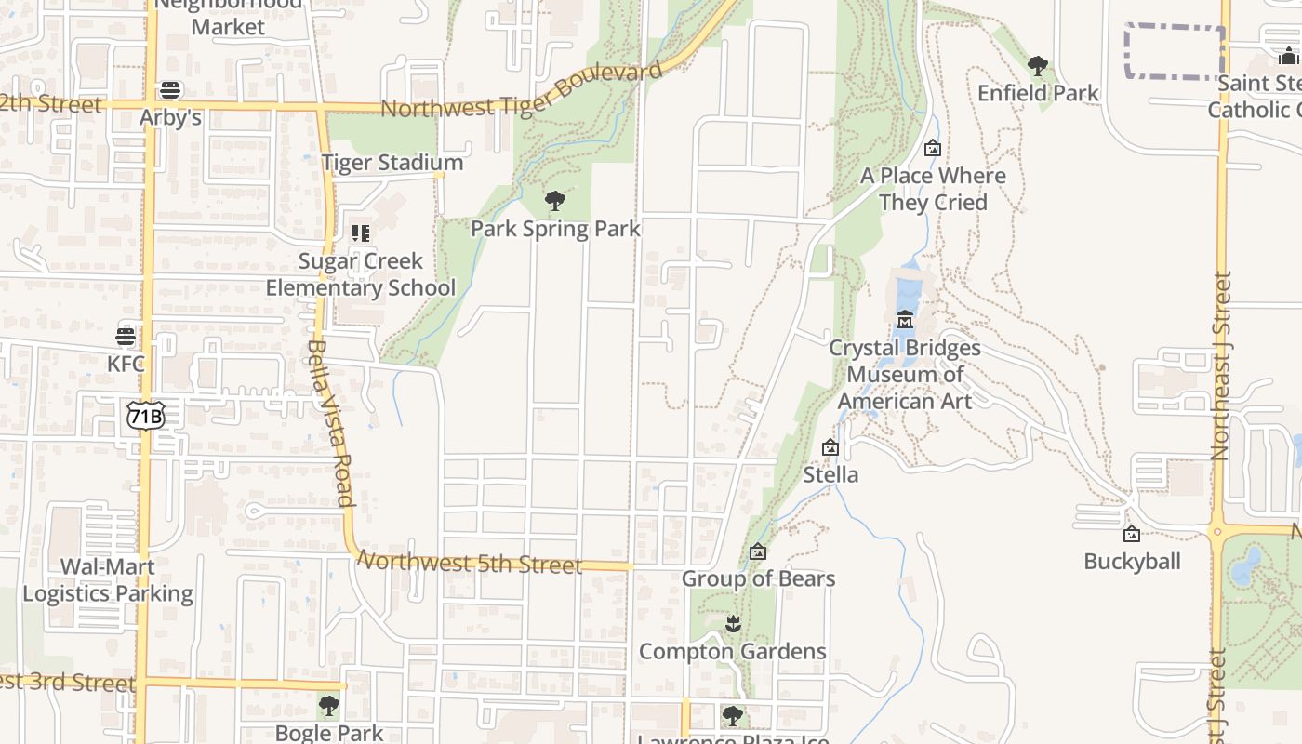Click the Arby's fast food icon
point(169,90)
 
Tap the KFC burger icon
point(126,336)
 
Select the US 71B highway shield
point(146,416)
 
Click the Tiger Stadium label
point(379,164)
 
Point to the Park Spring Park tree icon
point(555,201)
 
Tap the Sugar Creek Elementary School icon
point(360,233)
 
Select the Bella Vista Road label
point(330,422)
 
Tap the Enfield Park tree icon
point(1038,66)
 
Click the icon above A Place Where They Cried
point(933,148)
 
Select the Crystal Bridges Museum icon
point(904,320)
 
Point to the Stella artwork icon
point(830,447)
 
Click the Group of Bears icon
point(758,551)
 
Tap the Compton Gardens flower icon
point(733,624)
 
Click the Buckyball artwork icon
point(1132,534)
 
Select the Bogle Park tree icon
point(328,706)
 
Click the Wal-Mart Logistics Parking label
point(108,580)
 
